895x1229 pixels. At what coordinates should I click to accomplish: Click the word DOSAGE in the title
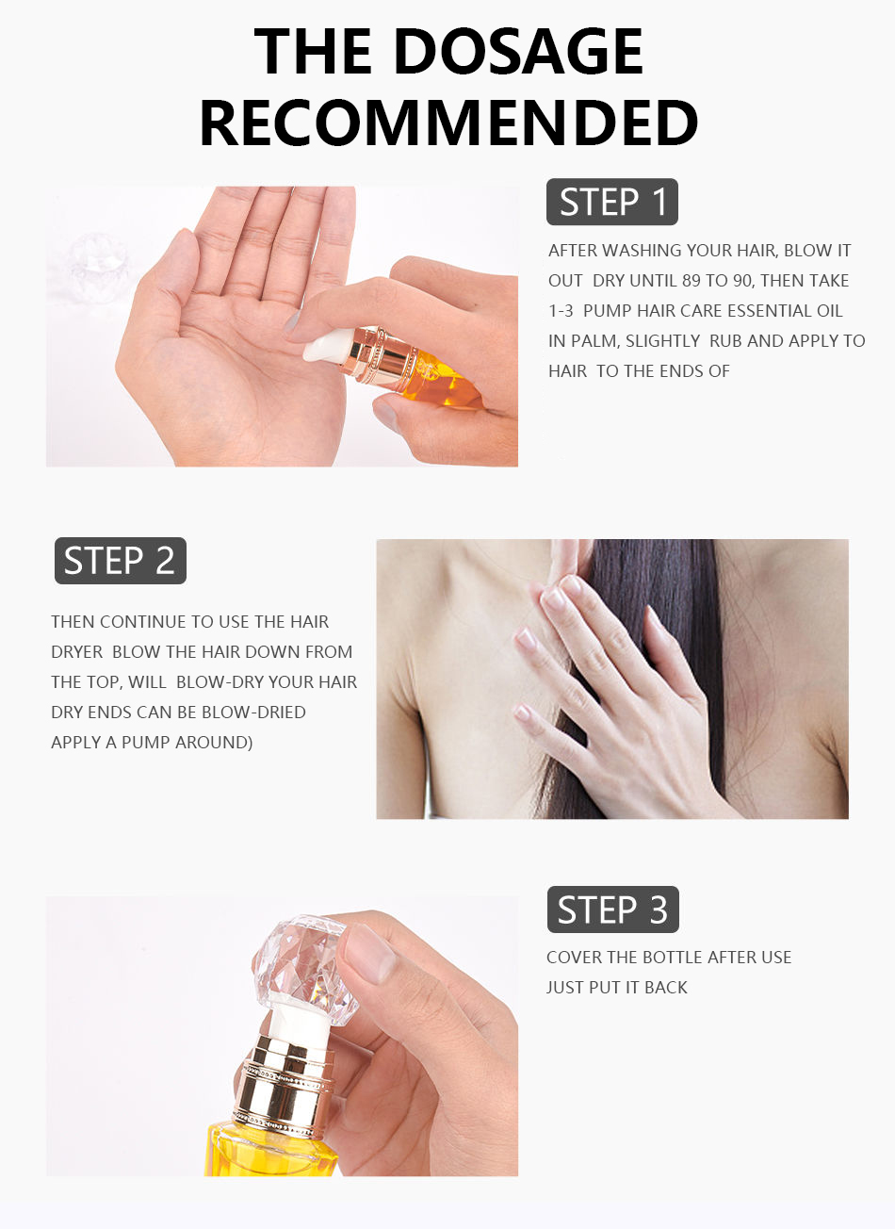518,51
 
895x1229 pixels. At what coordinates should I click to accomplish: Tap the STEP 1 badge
612,202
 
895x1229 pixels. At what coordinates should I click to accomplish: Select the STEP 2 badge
120,560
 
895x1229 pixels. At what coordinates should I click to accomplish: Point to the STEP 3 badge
612,909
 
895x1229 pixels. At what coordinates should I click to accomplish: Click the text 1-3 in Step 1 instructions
561,310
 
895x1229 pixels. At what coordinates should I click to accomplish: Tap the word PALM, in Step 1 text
595,341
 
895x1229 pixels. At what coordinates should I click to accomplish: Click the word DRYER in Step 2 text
76,652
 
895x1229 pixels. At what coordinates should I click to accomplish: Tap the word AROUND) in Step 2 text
215,743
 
